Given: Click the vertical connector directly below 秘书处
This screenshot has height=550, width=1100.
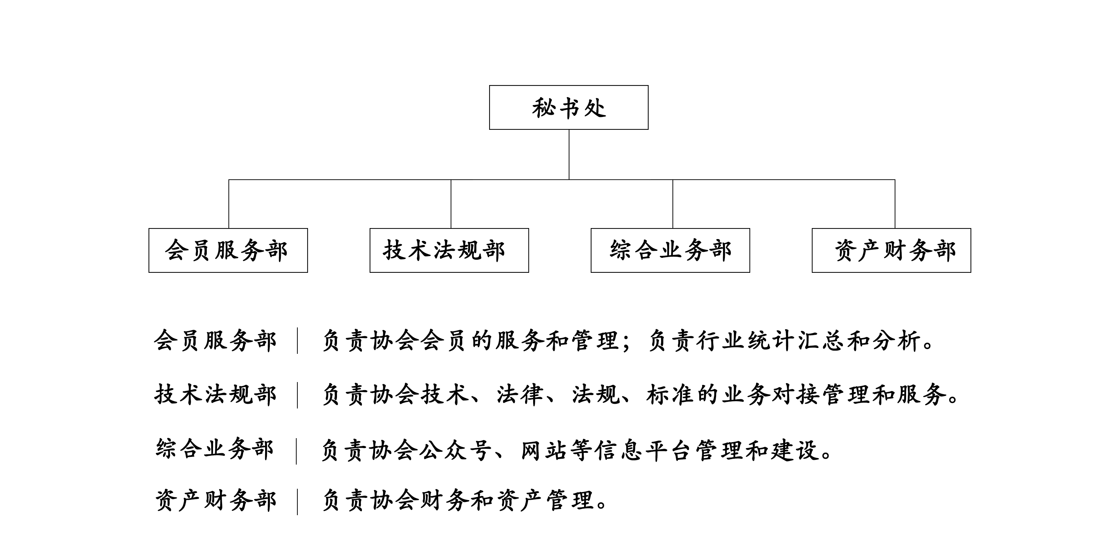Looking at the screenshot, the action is click(569, 155).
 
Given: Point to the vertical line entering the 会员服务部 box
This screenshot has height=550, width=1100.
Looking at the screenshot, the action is click(229, 204).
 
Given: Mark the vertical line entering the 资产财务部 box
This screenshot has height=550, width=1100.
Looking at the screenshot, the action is click(895, 204).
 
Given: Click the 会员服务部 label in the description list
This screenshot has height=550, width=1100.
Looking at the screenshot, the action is click(215, 341).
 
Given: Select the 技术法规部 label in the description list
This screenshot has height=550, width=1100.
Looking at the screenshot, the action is click(215, 394).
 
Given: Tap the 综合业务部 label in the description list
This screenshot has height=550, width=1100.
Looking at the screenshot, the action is click(215, 449).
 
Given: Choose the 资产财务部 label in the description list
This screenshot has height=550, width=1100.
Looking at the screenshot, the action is click(215, 500).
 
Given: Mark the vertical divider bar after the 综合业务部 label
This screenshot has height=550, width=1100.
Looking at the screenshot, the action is click(296, 451).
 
